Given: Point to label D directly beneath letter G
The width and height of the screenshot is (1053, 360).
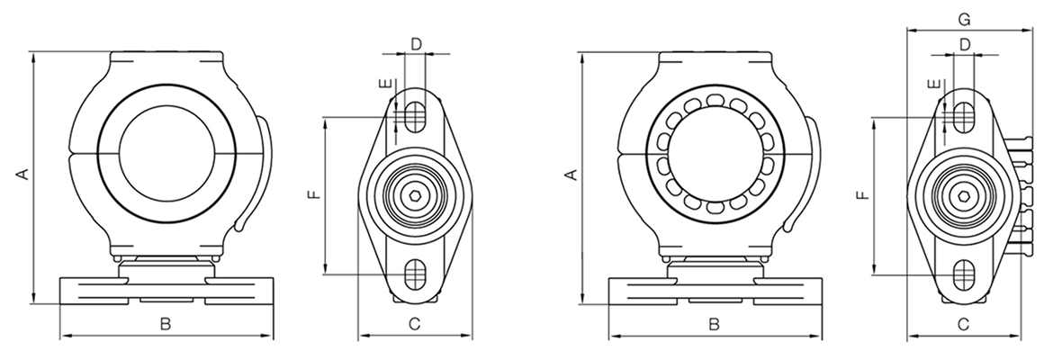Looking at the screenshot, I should click(964, 43).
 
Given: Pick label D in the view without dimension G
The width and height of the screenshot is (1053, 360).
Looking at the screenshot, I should click(415, 42).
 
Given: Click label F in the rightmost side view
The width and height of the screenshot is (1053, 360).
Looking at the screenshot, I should click(862, 195).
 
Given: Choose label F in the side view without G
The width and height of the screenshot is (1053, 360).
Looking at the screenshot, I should click(311, 195).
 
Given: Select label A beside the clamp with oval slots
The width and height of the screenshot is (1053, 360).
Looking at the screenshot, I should click(571, 174).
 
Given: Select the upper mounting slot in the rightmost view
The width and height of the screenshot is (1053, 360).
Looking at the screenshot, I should click(964, 114).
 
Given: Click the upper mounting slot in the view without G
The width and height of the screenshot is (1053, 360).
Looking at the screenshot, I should click(415, 114).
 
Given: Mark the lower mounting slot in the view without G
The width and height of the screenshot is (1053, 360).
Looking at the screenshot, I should click(415, 270).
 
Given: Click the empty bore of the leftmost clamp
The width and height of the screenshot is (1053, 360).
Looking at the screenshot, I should click(166, 156).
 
